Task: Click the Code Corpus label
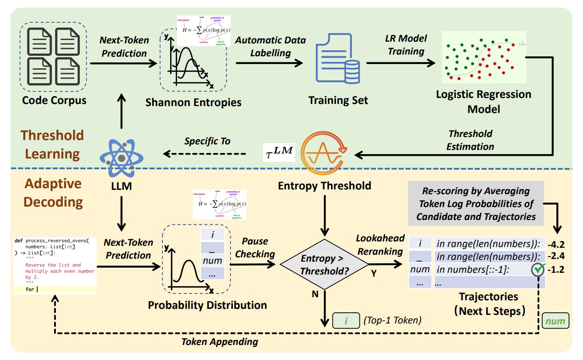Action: point(55,101)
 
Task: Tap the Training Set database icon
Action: point(337,62)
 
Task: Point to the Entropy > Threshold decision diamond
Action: point(324,265)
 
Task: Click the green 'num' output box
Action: point(556,321)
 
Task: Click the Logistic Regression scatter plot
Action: point(483,58)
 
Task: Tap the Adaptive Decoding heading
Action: point(53,192)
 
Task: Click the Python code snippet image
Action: point(55,265)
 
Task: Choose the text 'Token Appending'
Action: point(220,342)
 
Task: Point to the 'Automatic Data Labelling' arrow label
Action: point(270,46)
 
